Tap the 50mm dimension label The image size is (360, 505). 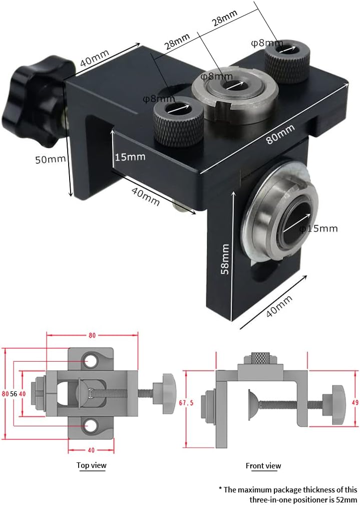[51, 159]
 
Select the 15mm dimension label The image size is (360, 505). [130, 157]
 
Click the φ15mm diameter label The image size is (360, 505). [319, 228]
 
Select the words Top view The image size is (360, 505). [92, 465]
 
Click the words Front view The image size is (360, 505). [263, 466]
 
